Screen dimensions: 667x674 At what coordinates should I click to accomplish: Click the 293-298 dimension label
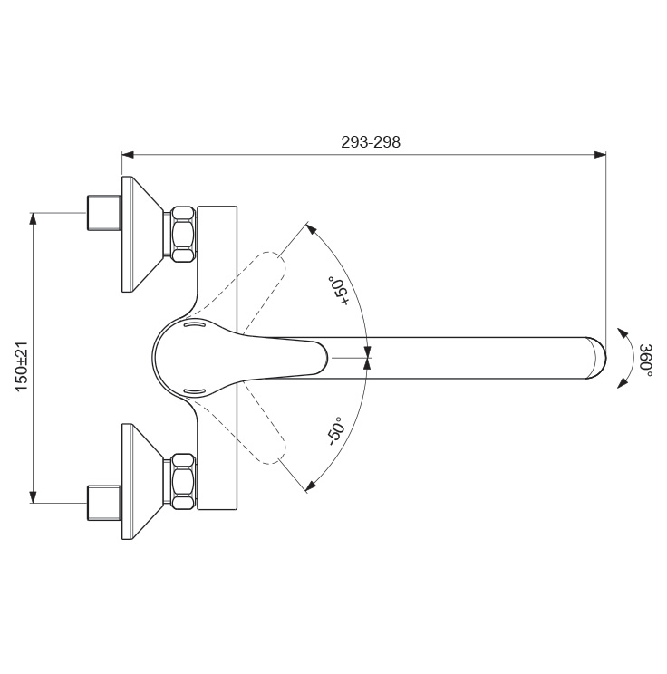click(x=371, y=142)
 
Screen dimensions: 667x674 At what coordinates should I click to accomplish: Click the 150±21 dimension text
click(x=22, y=366)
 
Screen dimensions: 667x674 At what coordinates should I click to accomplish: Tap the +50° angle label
click(x=339, y=291)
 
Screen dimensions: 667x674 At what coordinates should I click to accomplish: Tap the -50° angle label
click(x=337, y=430)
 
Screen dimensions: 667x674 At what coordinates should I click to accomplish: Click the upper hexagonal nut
click(x=183, y=234)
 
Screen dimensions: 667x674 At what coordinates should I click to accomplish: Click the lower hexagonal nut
click(x=183, y=481)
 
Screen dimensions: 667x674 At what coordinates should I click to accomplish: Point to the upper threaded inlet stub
click(x=104, y=213)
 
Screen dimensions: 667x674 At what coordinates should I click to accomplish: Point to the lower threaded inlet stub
click(x=104, y=503)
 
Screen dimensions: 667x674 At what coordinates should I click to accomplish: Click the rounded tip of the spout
click(x=597, y=358)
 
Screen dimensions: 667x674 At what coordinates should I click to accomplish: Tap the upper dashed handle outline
click(x=241, y=293)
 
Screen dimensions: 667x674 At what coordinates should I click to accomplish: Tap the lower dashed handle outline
click(x=241, y=423)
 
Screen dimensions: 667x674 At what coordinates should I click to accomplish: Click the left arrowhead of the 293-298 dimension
click(x=128, y=155)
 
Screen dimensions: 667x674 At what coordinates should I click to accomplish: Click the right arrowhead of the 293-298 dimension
click(x=600, y=155)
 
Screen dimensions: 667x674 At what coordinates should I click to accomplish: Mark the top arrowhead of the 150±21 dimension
click(x=33, y=219)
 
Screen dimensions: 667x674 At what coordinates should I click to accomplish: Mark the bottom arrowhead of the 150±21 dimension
click(x=33, y=497)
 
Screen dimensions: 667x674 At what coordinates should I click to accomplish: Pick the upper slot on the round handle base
click(x=195, y=324)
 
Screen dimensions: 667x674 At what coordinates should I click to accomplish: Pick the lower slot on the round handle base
click(x=195, y=391)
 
